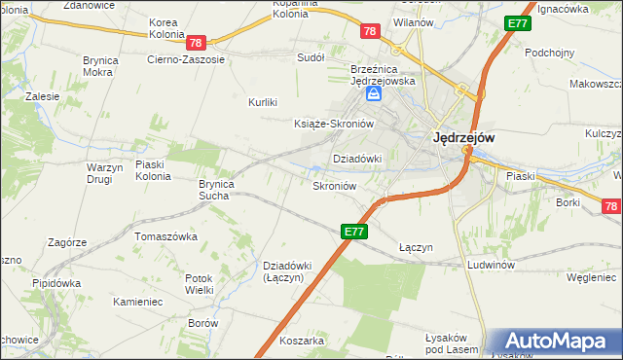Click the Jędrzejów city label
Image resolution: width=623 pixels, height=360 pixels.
pyautogui.click(x=462, y=138)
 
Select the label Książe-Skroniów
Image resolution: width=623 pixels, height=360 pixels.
pyautogui.click(x=334, y=124)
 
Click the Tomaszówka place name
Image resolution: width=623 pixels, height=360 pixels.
pyautogui.click(x=166, y=236)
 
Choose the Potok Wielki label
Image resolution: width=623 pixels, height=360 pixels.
pyautogui.click(x=199, y=284)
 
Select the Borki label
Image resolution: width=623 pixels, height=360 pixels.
pyautogui.click(x=568, y=202)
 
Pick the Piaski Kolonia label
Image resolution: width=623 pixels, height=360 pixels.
pyautogui.click(x=153, y=170)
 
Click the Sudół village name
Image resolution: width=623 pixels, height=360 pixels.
pyautogui.click(x=311, y=57)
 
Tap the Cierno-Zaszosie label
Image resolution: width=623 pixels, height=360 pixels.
pyautogui.click(x=185, y=59)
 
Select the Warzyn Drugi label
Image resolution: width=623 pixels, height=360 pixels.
pyautogui.click(x=95, y=173)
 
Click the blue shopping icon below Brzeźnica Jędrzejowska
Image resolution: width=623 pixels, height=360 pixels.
pyautogui.click(x=374, y=95)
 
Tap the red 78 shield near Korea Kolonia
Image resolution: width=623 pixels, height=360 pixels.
pyautogui.click(x=196, y=43)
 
